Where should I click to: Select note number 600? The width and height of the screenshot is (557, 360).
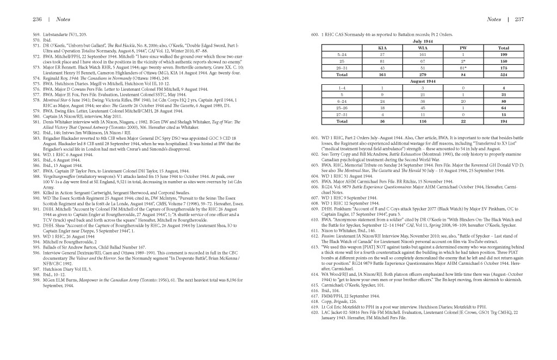[x=314, y=34]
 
